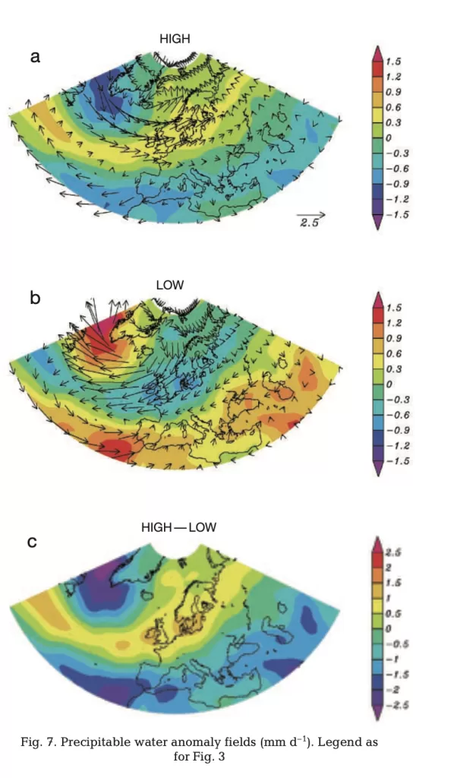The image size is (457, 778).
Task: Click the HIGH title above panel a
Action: click(174, 39)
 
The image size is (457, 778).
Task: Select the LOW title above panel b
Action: click(170, 285)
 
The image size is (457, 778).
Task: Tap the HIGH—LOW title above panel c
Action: click(178, 527)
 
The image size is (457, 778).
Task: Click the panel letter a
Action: click(35, 56)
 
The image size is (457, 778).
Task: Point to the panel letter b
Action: click(35, 298)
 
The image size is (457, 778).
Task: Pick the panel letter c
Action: click(33, 542)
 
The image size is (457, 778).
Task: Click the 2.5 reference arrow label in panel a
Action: click(308, 224)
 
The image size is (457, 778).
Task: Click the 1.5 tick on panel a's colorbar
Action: click(394, 62)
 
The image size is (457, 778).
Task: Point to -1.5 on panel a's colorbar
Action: click(397, 215)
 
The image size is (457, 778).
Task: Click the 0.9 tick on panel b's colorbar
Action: click(394, 338)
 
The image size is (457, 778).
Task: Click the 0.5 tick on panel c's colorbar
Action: click(393, 613)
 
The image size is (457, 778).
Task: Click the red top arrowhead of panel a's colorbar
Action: click(377, 53)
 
